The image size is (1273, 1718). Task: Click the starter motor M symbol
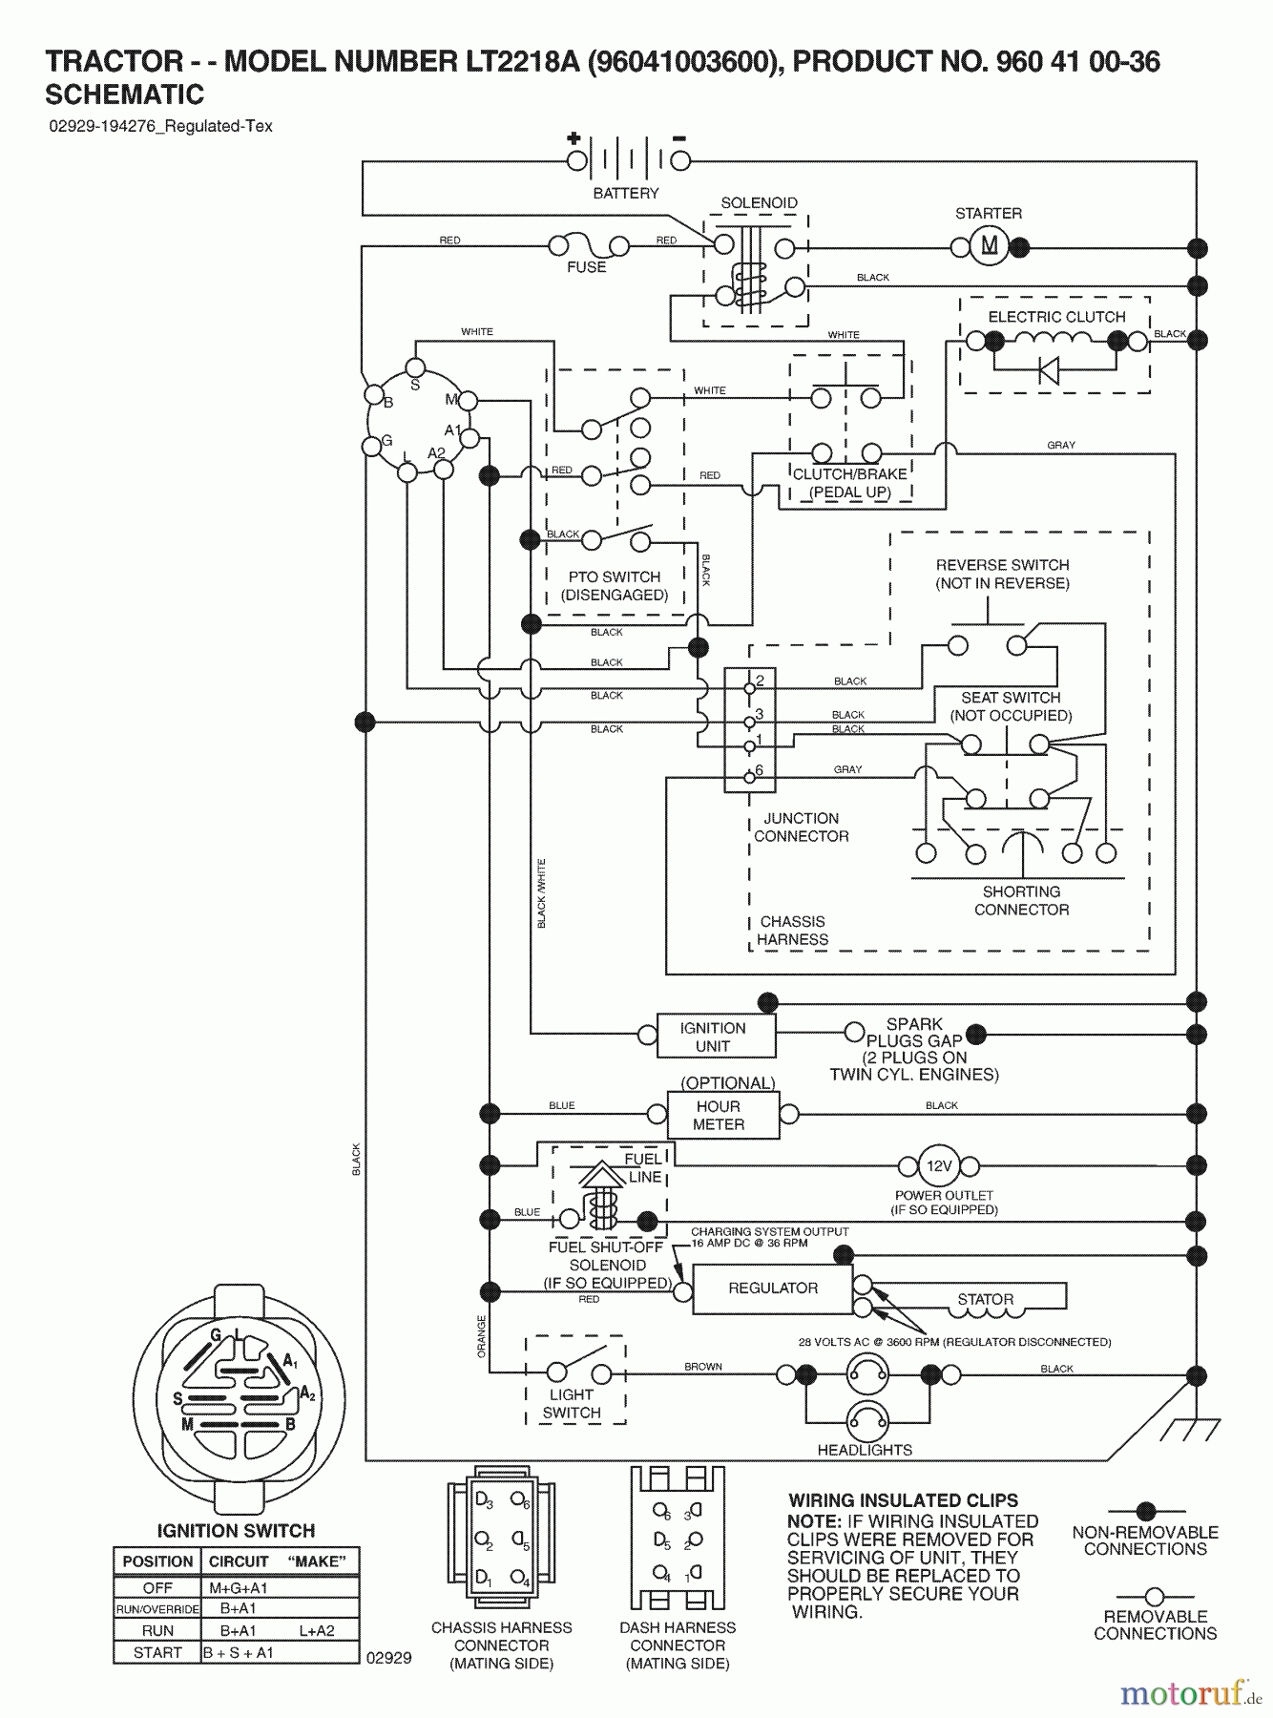pos(990,247)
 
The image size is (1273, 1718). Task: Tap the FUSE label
pos(586,267)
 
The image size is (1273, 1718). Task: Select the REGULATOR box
pos(772,1288)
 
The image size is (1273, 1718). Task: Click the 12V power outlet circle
pos(939,1165)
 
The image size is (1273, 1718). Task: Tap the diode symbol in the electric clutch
pos(1049,370)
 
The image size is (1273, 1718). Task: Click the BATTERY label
pos(626,194)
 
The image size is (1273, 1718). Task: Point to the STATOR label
pos(986,1299)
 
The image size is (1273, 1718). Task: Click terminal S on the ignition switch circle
pos(415,368)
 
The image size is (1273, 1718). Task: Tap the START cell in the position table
pos(157,1652)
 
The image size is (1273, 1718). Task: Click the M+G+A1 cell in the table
pos(239,1588)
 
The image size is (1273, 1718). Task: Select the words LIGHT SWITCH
pos(572,1404)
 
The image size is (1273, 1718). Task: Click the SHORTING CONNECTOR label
pos(1021,900)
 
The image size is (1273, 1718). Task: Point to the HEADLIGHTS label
pos(865,1450)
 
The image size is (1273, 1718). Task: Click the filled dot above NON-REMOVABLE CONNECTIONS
pos(1146,1511)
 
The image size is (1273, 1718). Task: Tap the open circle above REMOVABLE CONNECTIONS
pos(1155,1596)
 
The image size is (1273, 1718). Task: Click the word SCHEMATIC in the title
pos(125,94)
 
